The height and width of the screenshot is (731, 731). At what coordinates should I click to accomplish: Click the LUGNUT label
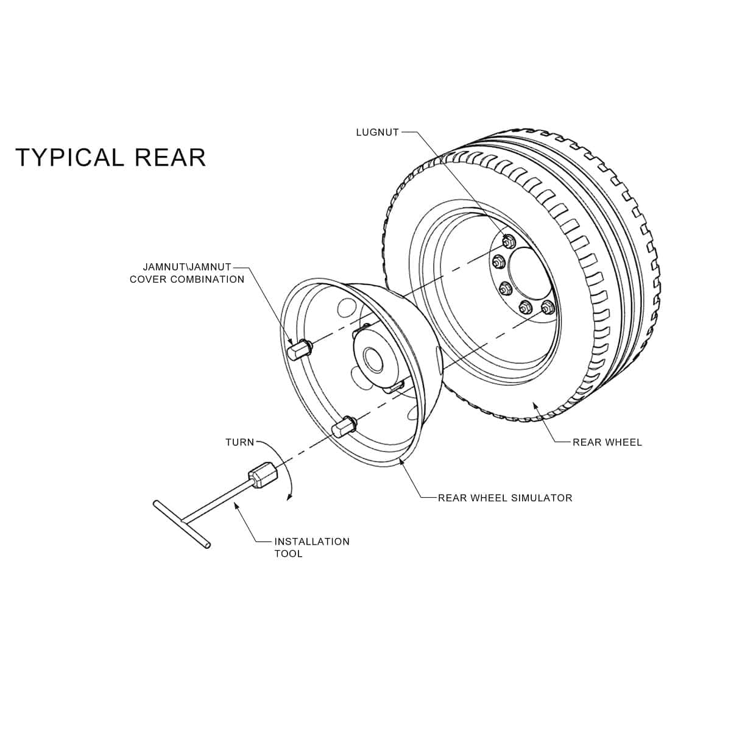(x=377, y=132)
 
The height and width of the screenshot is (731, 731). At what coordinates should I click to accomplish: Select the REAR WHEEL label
(x=607, y=442)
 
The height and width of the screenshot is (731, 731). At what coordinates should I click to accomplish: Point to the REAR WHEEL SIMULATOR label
(x=505, y=498)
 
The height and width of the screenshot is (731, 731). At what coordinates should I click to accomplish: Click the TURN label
(x=239, y=442)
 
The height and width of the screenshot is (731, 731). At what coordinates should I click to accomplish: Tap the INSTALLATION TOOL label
(x=311, y=547)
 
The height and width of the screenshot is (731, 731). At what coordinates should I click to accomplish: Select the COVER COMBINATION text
(x=187, y=280)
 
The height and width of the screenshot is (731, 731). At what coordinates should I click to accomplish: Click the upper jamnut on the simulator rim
(x=298, y=349)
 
